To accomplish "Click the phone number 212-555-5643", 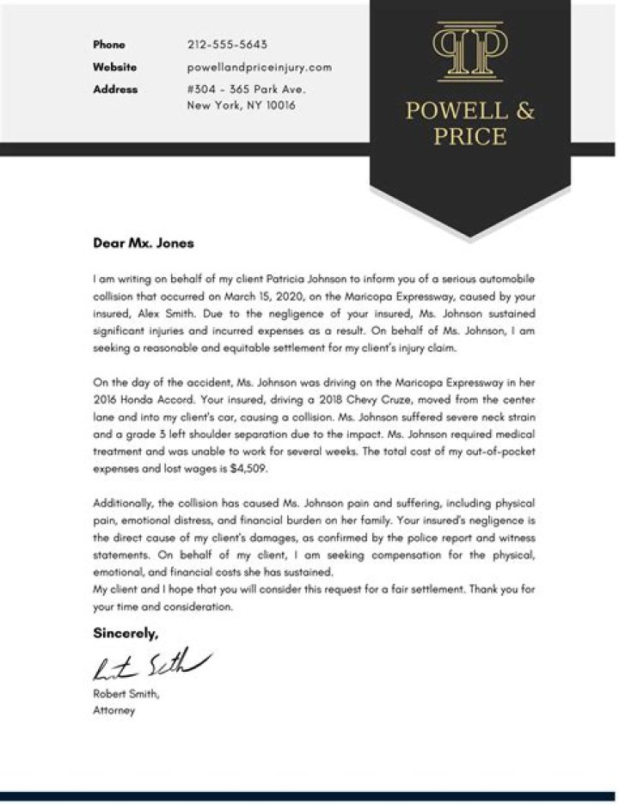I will click(x=227, y=45).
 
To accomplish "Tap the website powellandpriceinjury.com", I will click(x=259, y=67).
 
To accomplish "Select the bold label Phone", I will click(x=109, y=45).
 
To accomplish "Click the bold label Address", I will click(x=115, y=89).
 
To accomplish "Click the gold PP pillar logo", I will click(x=469, y=52).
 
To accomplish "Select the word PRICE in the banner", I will click(x=469, y=136).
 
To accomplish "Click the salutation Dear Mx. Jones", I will click(x=144, y=243).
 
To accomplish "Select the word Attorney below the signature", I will click(x=113, y=711).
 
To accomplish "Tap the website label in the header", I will click(x=115, y=67).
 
